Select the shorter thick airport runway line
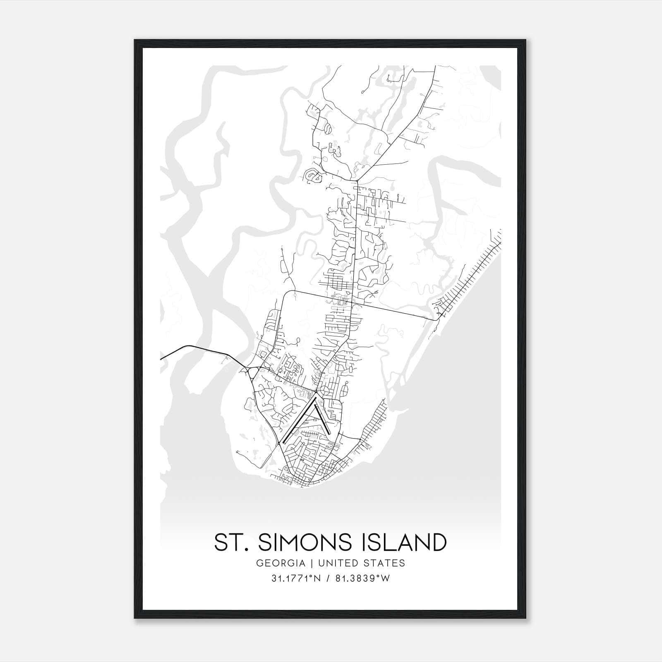[x=321, y=419]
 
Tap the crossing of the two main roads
[x=352, y=303]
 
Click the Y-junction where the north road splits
[x=357, y=180]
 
